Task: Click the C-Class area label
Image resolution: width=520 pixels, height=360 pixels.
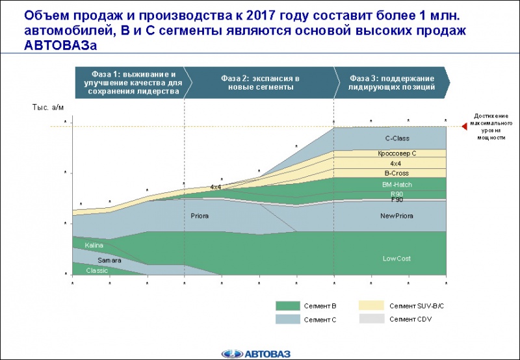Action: point(396,138)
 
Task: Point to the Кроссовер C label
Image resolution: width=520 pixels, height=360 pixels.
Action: point(396,153)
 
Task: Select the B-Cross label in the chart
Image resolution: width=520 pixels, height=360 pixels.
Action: point(396,174)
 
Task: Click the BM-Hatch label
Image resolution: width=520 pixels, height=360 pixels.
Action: point(396,185)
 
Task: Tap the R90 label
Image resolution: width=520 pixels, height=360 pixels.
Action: point(396,194)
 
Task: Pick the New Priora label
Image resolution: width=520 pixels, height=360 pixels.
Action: point(396,216)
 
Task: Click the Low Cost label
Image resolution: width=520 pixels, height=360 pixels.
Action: point(396,259)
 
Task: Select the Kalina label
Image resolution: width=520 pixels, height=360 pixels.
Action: point(94,246)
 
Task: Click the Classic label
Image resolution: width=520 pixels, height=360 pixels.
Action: point(97,270)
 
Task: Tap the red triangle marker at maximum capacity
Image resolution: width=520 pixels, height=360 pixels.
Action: point(463,126)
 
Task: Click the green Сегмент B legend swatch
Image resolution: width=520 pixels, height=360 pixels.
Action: point(286,305)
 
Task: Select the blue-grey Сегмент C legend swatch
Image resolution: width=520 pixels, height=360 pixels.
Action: point(286,319)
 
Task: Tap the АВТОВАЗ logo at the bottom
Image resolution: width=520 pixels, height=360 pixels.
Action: point(260,353)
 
